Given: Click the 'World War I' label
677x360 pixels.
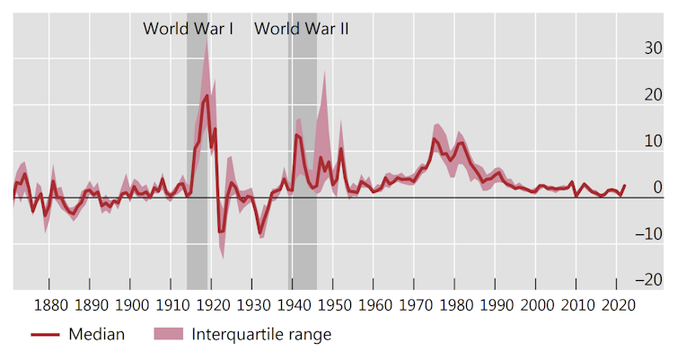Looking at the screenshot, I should (x=189, y=29).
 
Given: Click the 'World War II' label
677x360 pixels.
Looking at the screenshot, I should (x=302, y=29).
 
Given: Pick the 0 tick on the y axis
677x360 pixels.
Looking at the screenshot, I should (x=655, y=188).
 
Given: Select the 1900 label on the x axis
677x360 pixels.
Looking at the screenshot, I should (x=131, y=304).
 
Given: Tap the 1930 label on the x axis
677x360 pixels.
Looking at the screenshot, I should (x=252, y=304).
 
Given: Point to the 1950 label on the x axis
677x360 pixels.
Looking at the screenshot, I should (x=333, y=304).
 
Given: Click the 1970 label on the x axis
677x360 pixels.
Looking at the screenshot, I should (x=414, y=304).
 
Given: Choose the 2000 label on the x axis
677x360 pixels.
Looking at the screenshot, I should (x=535, y=304).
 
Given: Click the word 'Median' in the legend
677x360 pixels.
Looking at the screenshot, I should (x=96, y=335).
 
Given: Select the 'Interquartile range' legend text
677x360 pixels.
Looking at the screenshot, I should (x=261, y=335).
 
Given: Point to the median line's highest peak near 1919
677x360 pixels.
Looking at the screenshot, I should (x=207, y=95).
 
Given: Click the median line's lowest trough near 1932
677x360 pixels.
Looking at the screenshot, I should (x=260, y=234).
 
